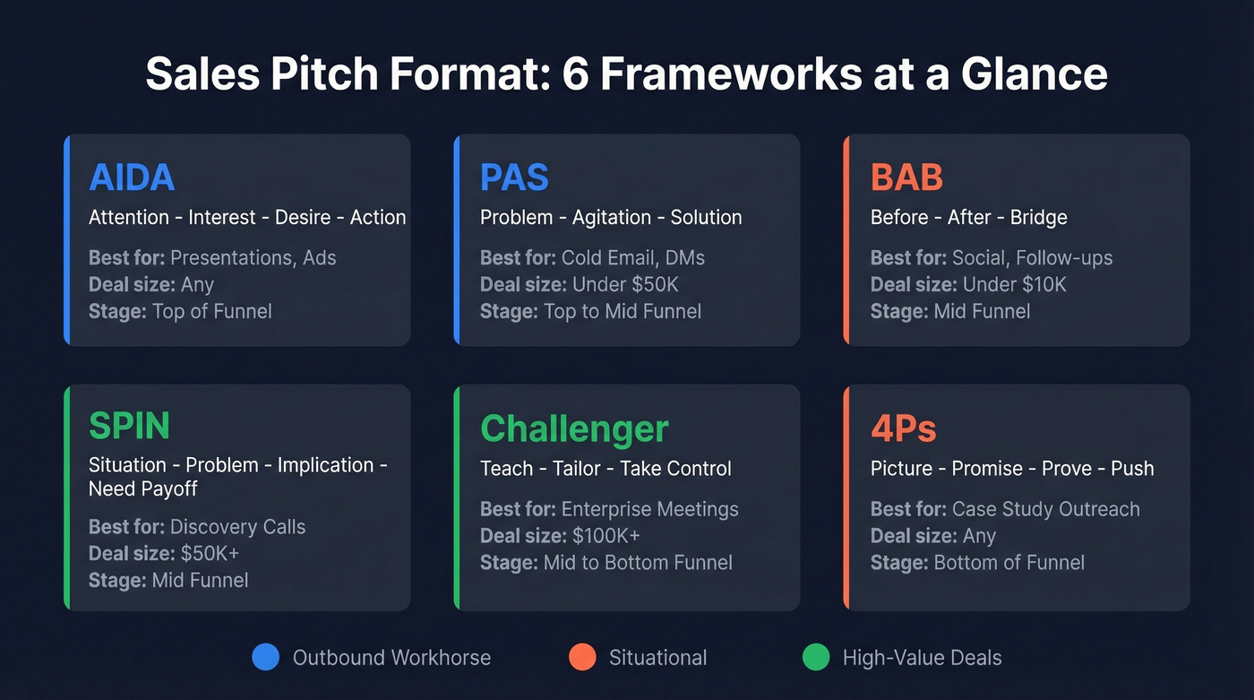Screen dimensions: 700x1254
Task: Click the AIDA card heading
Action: point(131,177)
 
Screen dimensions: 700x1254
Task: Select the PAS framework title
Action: point(514,177)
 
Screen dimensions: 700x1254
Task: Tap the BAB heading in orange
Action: point(906,177)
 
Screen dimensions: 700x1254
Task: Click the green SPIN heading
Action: point(129,426)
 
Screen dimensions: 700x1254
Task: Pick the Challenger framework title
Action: point(574,428)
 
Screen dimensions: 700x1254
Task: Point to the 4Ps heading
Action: point(903,428)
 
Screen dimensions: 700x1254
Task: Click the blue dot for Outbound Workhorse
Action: point(266,658)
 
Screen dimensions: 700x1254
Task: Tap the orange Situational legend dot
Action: point(582,658)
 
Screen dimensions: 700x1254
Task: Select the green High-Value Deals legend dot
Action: point(816,658)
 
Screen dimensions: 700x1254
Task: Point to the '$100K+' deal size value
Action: point(606,536)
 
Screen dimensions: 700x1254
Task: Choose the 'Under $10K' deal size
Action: point(1015,285)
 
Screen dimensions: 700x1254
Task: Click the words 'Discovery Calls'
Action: point(237,527)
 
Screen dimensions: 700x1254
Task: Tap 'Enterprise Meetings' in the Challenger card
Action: point(649,509)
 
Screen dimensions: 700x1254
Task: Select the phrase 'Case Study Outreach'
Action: point(1045,509)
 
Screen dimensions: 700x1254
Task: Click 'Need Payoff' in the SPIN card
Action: point(142,488)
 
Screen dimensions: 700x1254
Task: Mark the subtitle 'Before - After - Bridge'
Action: point(968,217)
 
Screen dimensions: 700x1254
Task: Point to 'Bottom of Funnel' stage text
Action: point(1009,563)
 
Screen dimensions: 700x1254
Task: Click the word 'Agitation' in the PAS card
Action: point(606,217)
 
